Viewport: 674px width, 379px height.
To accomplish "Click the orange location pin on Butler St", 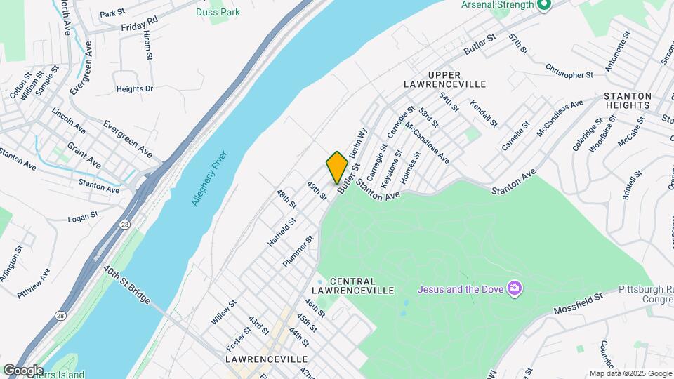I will [337, 167].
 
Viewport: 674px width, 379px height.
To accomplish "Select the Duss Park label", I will [218, 12].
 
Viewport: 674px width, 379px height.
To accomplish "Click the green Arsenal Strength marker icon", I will [543, 6].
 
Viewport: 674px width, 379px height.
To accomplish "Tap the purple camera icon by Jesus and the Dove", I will [515, 288].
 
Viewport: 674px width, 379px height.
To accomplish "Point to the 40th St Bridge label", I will [127, 284].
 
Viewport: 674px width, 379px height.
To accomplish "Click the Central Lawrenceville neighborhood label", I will [352, 286].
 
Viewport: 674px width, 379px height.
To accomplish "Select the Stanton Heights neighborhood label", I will [628, 100].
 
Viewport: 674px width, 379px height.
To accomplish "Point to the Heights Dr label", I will [134, 89].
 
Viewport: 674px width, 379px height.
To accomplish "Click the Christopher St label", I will [569, 71].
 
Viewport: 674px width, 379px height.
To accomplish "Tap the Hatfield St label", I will [281, 231].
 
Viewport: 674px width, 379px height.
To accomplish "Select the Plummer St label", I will [298, 251].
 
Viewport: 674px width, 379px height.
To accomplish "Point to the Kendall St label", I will [484, 113].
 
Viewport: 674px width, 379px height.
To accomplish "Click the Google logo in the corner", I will [22, 370].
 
